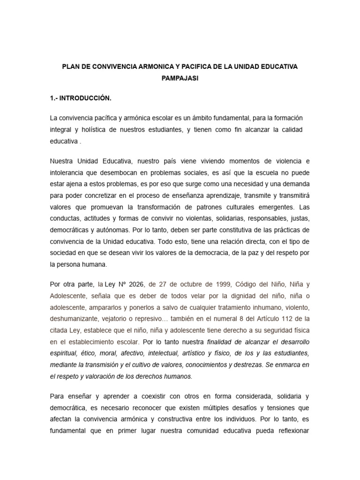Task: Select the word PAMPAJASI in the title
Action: click(180, 79)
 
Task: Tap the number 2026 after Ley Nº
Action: click(135, 284)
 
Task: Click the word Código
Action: click(234, 284)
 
